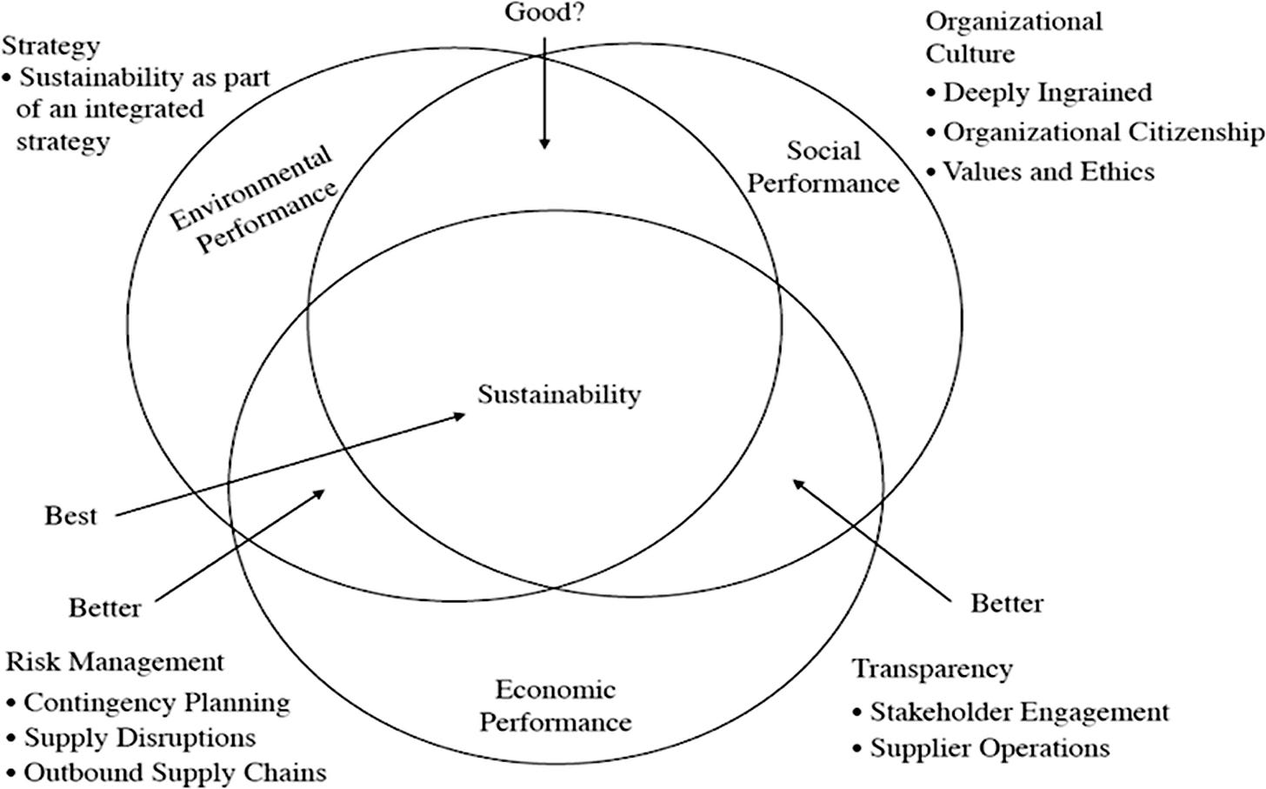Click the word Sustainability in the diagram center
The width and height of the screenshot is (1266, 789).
[x=559, y=394]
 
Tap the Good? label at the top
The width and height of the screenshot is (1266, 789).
[x=543, y=13]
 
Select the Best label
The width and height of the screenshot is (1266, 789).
[x=70, y=516]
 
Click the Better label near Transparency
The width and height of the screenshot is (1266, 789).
[x=1007, y=602]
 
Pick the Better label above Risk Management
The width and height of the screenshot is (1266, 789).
[x=104, y=607]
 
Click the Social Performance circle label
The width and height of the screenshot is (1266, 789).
[x=823, y=167]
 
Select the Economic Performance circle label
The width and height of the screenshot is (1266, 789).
[x=556, y=705]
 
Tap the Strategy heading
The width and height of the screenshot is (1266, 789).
[x=51, y=45]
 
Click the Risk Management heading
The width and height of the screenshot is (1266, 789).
[x=115, y=662]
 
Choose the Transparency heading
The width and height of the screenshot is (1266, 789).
[x=932, y=669]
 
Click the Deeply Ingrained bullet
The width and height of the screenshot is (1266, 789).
[x=1047, y=92]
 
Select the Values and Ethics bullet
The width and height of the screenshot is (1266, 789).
[x=1049, y=171]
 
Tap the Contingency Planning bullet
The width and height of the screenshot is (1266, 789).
[x=157, y=702]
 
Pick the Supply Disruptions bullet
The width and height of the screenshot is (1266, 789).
[x=139, y=738]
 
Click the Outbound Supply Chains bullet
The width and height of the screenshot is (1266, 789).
[x=174, y=772]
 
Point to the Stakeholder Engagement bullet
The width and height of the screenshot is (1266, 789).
[x=1019, y=712]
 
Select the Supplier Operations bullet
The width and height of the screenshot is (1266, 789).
[x=989, y=748]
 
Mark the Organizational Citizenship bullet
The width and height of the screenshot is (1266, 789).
[x=1103, y=131]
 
